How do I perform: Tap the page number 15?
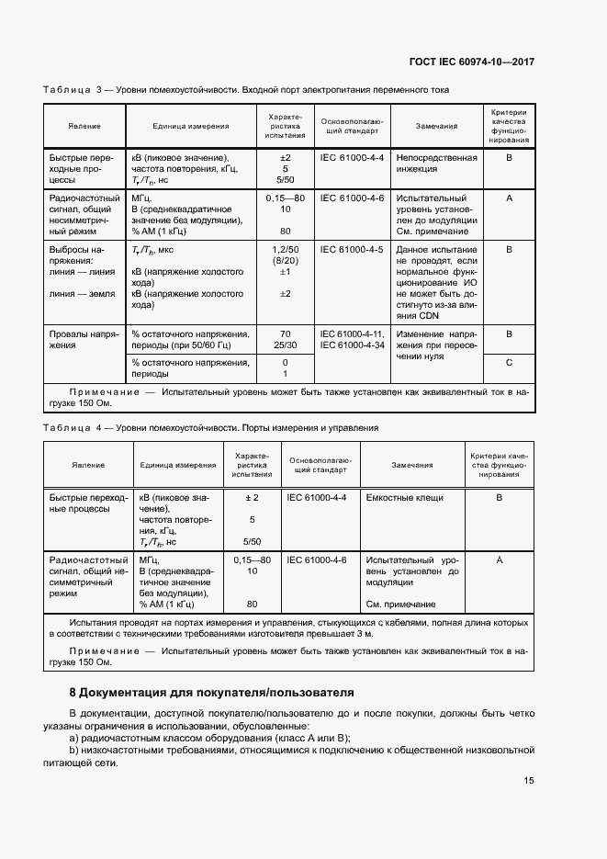(x=529, y=781)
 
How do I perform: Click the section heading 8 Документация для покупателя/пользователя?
(x=211, y=692)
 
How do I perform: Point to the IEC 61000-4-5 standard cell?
(x=352, y=249)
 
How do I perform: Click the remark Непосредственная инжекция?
(x=436, y=163)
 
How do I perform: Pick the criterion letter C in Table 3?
(x=508, y=363)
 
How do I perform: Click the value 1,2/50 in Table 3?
(x=285, y=249)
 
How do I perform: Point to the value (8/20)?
(x=285, y=261)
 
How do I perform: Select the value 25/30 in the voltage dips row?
(x=285, y=345)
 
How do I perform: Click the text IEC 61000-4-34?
(x=353, y=345)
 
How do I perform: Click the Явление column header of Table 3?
(x=84, y=126)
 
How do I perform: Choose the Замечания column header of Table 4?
(x=412, y=465)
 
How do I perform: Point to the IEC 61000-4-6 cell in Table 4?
(x=317, y=559)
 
